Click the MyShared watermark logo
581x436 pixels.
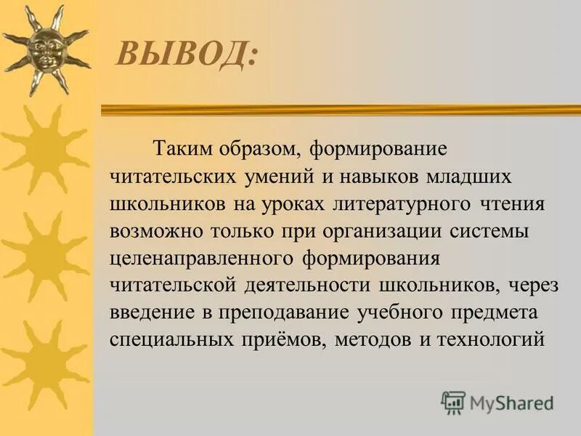497,402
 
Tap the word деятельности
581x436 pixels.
308,285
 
